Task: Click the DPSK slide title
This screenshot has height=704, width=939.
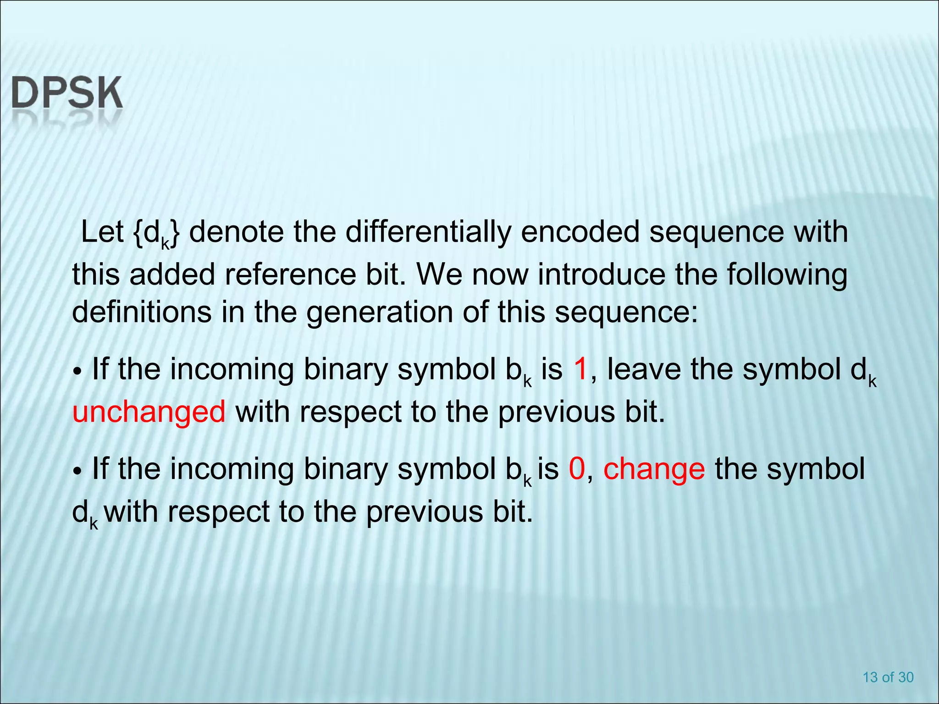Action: [67, 93]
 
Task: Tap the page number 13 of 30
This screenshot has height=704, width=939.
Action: [888, 677]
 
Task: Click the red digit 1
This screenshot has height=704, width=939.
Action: [580, 369]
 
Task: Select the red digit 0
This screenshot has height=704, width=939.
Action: [577, 469]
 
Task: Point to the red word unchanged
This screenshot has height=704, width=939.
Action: [149, 411]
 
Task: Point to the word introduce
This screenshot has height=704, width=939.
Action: [601, 275]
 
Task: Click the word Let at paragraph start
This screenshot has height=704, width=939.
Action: [102, 232]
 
